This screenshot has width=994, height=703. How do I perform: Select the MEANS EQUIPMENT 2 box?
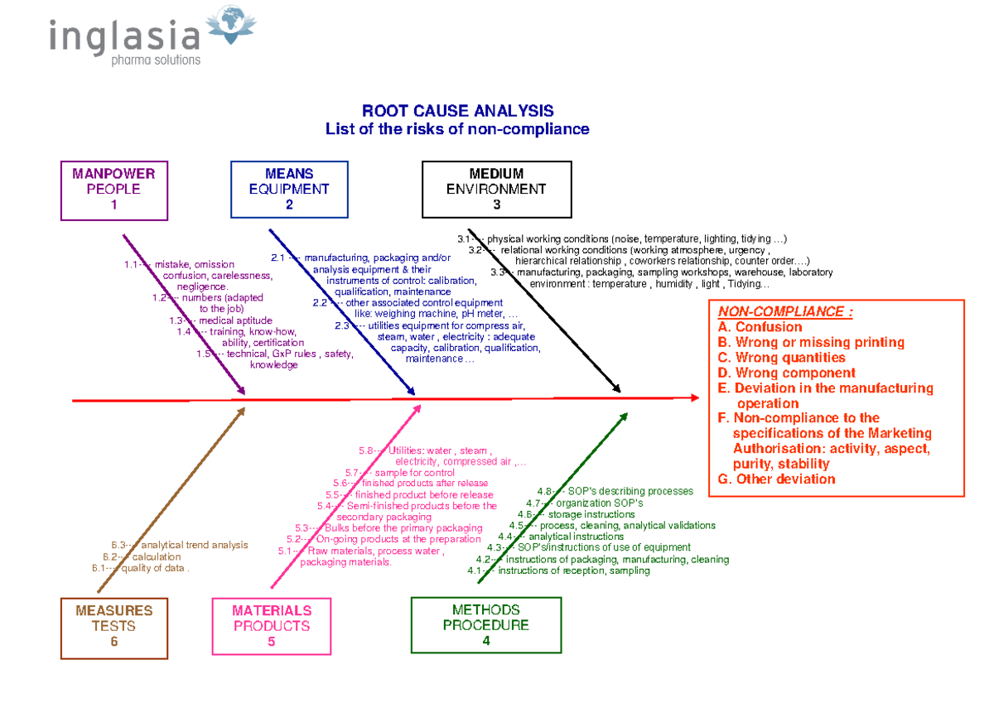(x=289, y=190)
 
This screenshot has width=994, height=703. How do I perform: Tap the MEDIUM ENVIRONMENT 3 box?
(x=496, y=190)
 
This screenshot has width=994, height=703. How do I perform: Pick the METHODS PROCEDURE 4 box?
(x=485, y=625)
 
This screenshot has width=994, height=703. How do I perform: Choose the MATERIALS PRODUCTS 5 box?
(x=272, y=626)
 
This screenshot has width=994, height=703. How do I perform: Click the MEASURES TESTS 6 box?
(x=113, y=626)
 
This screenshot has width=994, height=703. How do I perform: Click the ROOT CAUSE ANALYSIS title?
(x=457, y=111)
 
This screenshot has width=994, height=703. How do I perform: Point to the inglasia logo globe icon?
(x=229, y=25)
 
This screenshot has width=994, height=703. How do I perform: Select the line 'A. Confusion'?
(x=749, y=327)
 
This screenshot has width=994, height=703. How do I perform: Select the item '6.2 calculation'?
(x=139, y=556)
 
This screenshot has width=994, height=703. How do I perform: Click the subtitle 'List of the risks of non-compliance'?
(x=457, y=129)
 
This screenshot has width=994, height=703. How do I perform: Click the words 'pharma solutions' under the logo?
(x=156, y=60)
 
